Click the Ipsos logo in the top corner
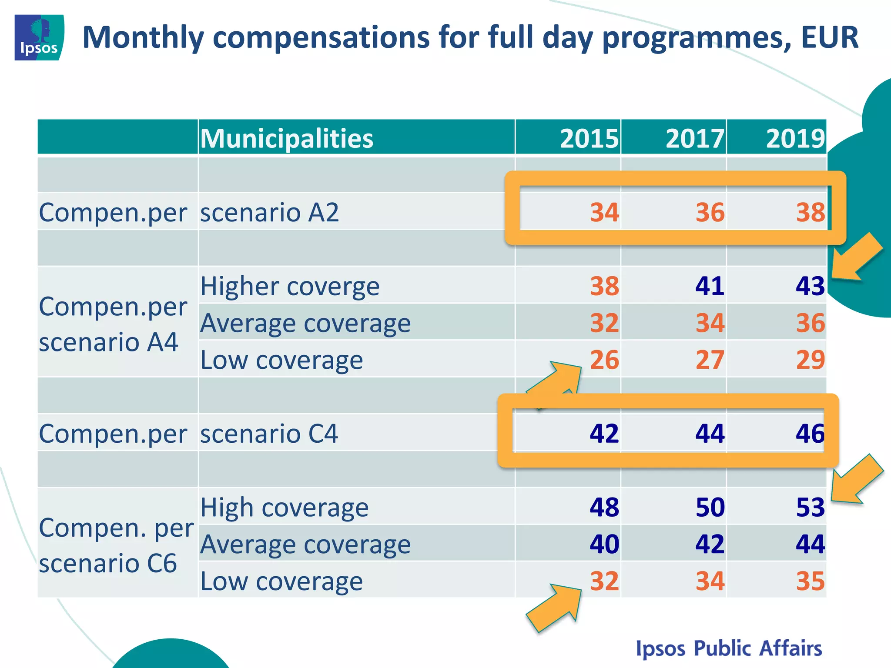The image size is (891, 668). tap(39, 37)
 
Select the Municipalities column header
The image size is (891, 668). tap(287, 138)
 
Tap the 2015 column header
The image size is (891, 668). tap(589, 138)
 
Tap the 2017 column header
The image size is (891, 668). tap(695, 138)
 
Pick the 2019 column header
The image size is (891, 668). tap(795, 138)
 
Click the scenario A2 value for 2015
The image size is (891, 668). tap(604, 213)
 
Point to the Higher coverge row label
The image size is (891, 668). tap(290, 287)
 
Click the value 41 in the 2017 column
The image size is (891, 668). tap(710, 286)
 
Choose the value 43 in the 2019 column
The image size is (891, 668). tap(810, 286)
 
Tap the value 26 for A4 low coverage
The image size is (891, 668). tap(604, 360)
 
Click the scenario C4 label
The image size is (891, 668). tap(269, 434)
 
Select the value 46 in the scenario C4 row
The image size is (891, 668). tap(810, 434)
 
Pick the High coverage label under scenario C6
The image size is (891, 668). tap(284, 508)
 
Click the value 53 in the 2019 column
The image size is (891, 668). tap(810, 508)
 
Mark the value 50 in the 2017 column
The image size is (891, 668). tap(710, 508)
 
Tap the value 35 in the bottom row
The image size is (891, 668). tap(810, 581)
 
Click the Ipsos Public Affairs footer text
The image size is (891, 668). tap(729, 648)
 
